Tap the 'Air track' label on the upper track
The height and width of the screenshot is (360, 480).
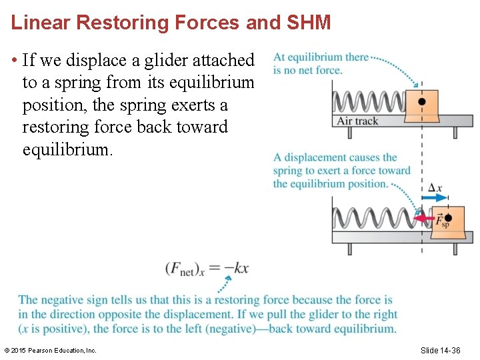(x=357, y=121)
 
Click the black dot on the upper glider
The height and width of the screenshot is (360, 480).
(x=421, y=102)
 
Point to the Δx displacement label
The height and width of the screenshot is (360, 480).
(x=434, y=188)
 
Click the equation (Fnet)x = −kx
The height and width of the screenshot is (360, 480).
(x=207, y=269)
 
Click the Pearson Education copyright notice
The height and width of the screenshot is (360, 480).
(x=50, y=350)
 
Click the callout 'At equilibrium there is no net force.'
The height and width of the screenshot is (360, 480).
(x=320, y=63)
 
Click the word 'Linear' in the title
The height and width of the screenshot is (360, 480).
(x=41, y=23)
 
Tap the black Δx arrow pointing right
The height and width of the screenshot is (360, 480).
(x=436, y=198)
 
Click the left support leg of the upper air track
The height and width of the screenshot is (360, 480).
(x=350, y=132)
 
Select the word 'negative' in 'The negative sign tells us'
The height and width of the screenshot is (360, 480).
(x=62, y=300)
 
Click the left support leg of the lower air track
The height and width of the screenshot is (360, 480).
(x=350, y=249)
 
